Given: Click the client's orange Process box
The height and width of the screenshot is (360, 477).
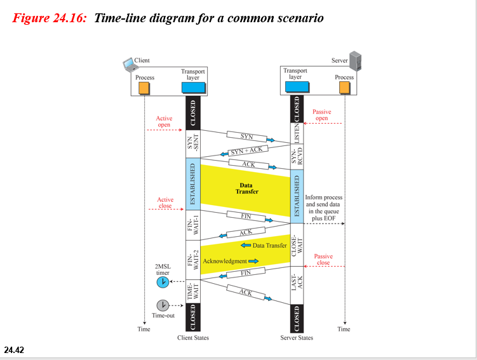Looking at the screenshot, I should point(144,88).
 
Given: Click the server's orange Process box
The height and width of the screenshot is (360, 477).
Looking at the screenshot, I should point(344,88).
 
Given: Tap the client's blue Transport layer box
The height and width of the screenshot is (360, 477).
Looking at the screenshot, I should point(193,88).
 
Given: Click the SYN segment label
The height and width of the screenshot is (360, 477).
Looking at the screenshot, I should point(246,137).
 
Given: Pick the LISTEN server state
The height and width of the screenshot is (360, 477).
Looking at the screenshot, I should point(296,133).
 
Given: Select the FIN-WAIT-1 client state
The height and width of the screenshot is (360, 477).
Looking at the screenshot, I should point(193,225).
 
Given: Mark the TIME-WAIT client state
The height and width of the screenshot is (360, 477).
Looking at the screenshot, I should point(193,291).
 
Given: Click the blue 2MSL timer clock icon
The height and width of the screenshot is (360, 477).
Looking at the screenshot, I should point(163,281).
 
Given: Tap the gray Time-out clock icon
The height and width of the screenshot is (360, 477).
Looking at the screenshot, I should point(163,305).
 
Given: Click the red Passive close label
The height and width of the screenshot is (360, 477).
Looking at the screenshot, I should point(323,259).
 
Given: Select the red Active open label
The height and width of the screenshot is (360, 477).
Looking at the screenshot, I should point(164,121).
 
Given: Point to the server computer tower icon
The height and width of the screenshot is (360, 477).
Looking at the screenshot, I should point(356,62).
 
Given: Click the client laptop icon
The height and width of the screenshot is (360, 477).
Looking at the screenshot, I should point(129,63).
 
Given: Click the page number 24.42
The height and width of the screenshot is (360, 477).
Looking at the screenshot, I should point(14,349).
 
